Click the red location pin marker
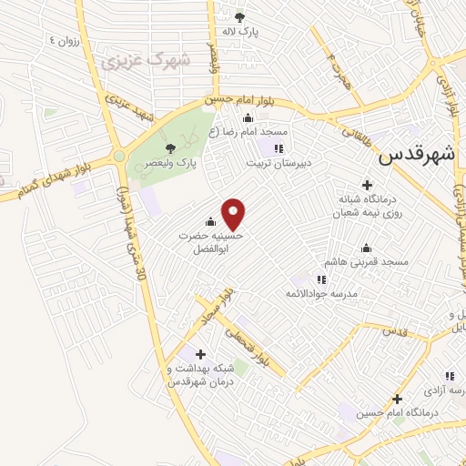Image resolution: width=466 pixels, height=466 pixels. [x=234, y=214]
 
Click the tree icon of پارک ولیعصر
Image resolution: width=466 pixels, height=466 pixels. [x=170, y=148]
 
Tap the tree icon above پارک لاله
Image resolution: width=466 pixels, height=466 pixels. [x=239, y=17]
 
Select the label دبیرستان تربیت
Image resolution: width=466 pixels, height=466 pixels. [x=279, y=164]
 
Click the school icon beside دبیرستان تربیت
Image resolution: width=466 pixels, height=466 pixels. [x=279, y=148]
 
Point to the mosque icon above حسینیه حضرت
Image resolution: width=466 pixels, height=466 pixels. [x=211, y=221]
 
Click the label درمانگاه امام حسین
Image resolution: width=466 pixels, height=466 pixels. [x=399, y=413]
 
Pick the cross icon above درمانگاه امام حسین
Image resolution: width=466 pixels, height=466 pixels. [x=397, y=398]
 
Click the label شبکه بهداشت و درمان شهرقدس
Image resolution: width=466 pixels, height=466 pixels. [x=201, y=375]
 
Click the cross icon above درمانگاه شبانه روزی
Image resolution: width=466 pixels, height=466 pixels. [x=367, y=184]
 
